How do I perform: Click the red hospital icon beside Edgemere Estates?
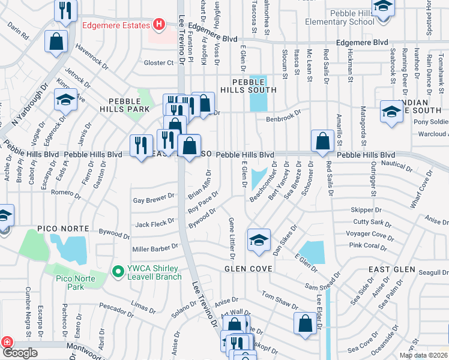(158, 25)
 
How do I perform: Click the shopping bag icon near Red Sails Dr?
(322, 141)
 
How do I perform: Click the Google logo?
(20, 353)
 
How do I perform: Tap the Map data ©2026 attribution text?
(423, 355)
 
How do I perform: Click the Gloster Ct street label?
(158, 62)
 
